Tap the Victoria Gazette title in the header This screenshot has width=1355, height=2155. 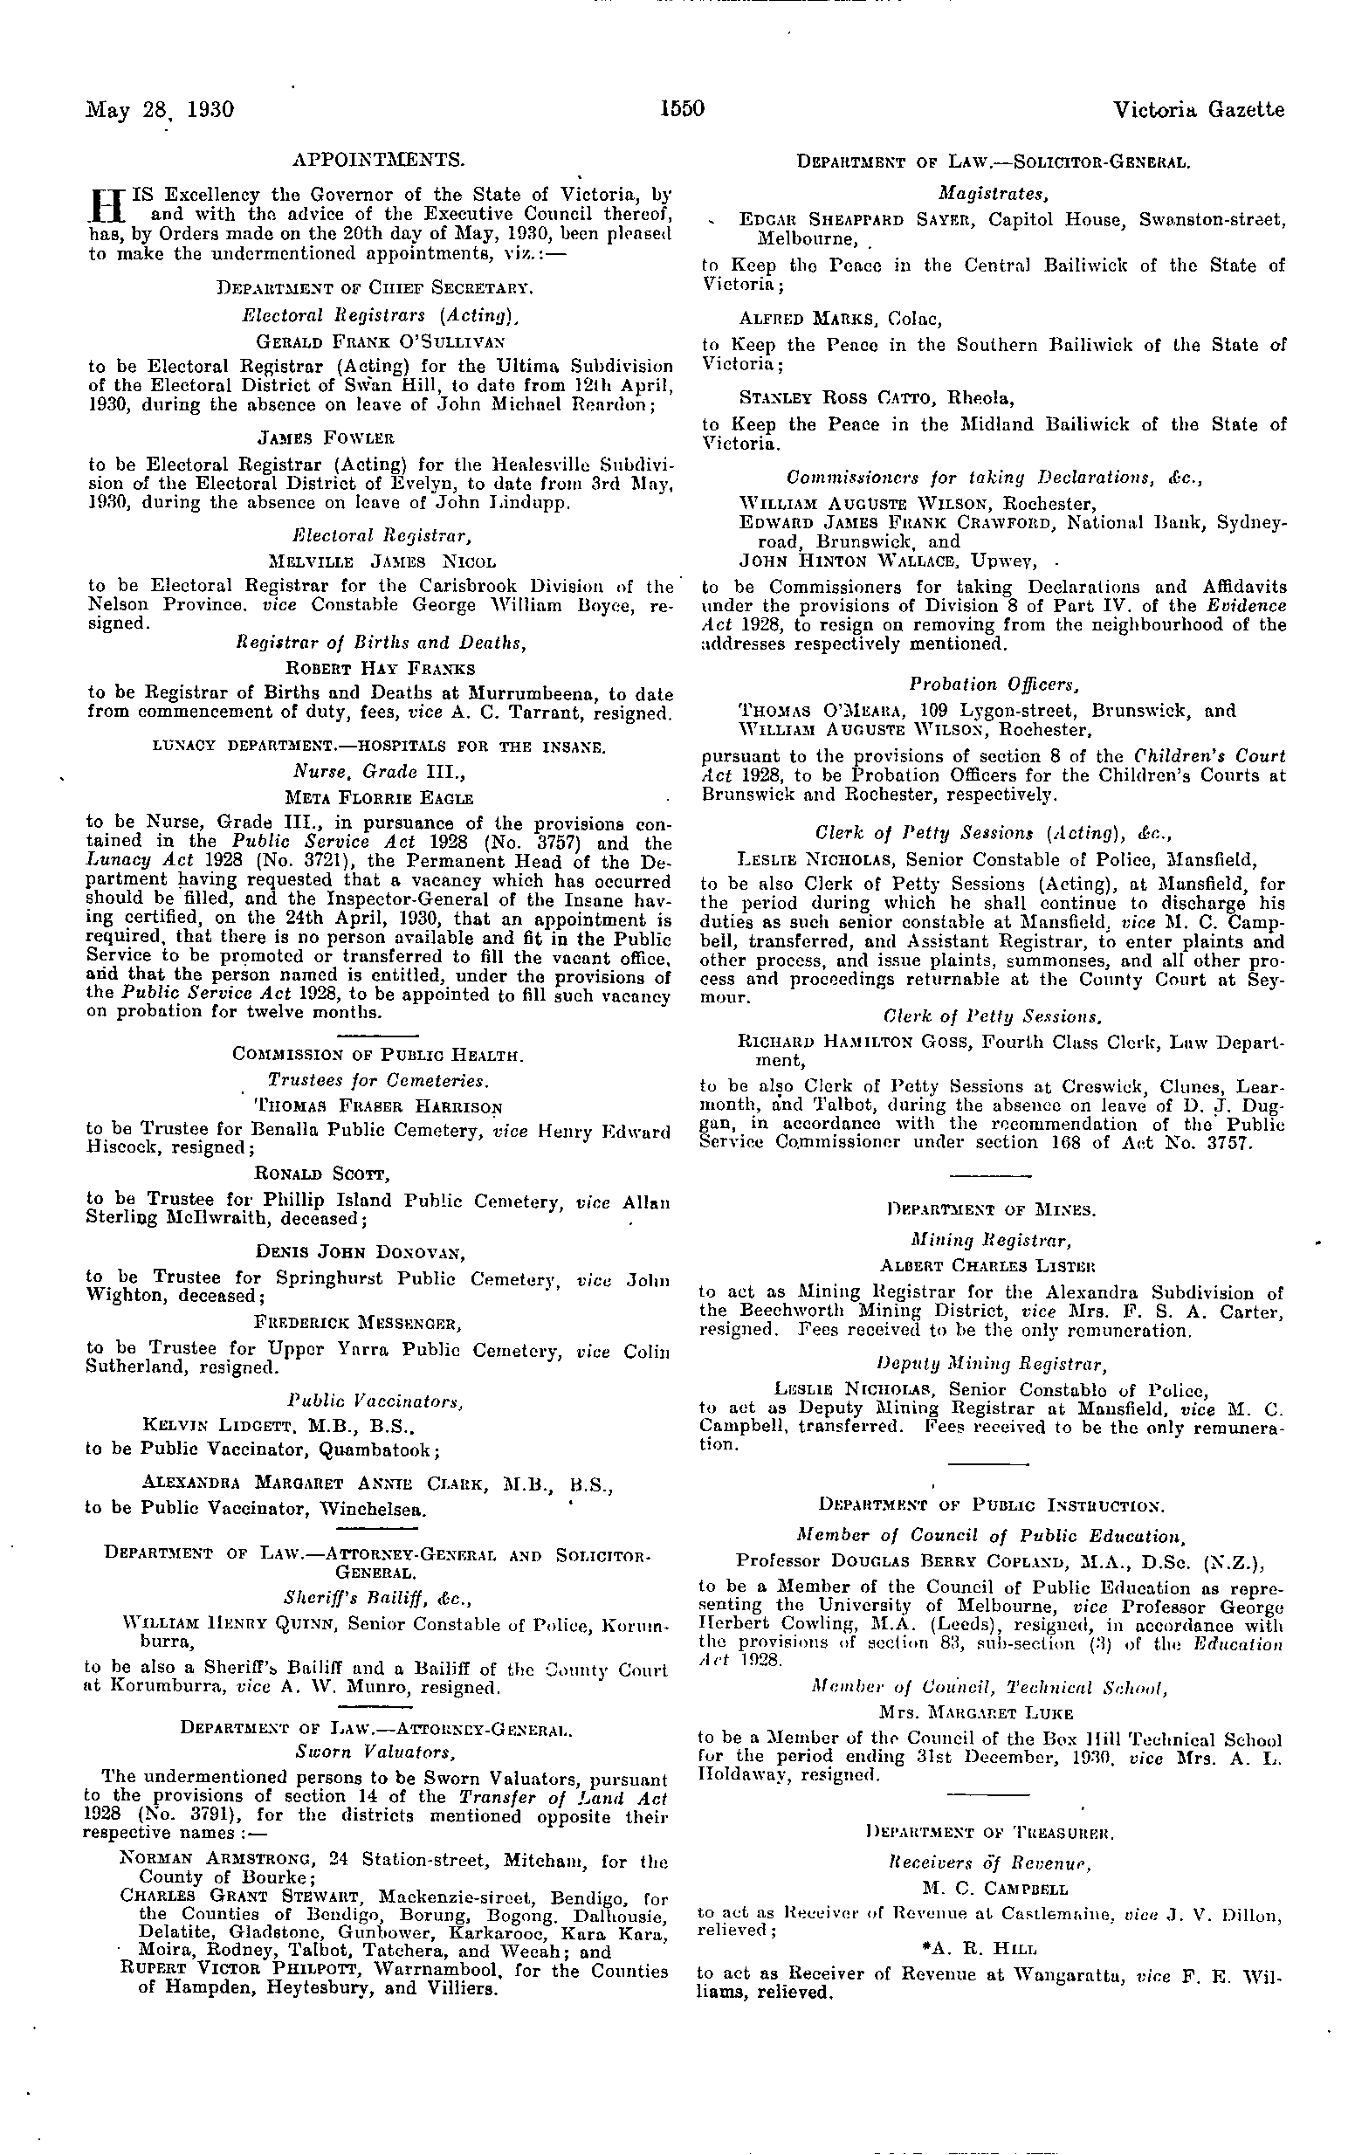[1199, 109]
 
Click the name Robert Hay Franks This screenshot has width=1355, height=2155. [381, 668]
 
